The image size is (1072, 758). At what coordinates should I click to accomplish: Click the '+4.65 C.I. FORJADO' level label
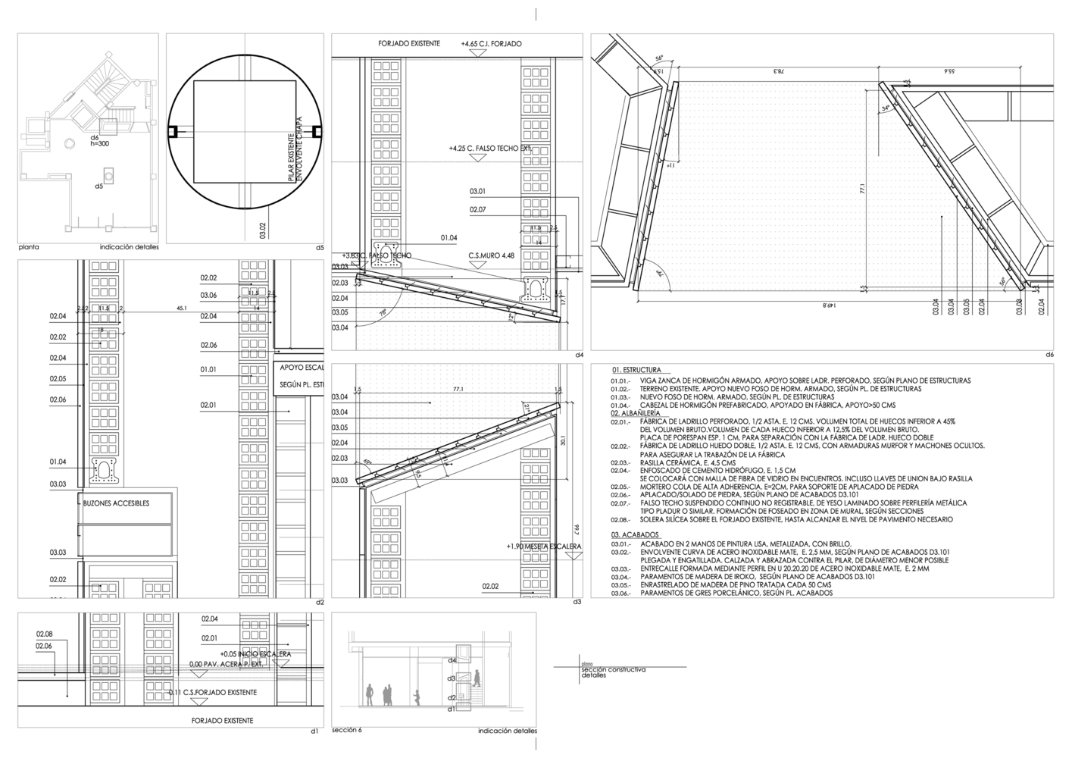(491, 44)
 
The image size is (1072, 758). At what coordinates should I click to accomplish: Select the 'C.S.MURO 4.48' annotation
(491, 255)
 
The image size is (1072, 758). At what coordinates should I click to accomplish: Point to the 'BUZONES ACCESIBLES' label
(116, 503)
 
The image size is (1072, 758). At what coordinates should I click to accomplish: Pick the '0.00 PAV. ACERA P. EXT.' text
(226, 665)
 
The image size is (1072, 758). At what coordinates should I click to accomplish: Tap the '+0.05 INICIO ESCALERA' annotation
(255, 653)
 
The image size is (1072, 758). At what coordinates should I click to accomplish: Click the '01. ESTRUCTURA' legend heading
(636, 371)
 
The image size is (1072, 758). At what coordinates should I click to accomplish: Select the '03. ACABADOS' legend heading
(634, 534)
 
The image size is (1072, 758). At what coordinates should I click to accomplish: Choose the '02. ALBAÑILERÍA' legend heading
(635, 413)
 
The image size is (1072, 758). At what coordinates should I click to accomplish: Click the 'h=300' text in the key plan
(99, 143)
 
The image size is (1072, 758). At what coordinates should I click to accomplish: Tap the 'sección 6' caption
(347, 730)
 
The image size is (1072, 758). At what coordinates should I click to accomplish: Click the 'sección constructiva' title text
(613, 669)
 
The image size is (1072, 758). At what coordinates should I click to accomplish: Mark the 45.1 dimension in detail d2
(181, 309)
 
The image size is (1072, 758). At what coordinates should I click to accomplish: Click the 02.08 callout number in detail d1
(44, 634)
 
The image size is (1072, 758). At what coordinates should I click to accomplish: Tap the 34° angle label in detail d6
(886, 108)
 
